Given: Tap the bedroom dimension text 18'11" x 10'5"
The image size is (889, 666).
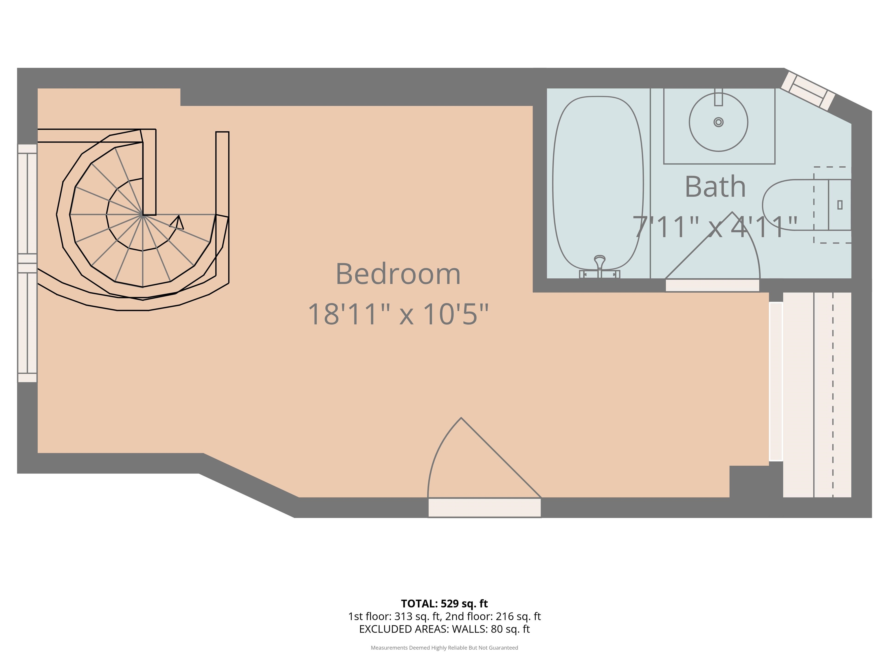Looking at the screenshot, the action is click(x=398, y=314).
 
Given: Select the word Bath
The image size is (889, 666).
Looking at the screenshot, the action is click(x=715, y=187).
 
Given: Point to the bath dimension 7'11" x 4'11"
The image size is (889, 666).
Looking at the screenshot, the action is click(x=715, y=227).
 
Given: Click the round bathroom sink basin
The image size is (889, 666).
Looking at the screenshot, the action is click(x=719, y=122).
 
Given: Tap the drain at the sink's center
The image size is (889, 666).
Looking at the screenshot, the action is click(x=719, y=122).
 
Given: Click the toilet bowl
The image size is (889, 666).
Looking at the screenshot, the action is click(x=794, y=205).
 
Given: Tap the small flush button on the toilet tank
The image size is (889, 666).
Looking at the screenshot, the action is click(x=840, y=205).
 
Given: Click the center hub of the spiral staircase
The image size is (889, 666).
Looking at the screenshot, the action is click(x=143, y=215).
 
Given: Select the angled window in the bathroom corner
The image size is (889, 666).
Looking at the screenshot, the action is click(x=808, y=91).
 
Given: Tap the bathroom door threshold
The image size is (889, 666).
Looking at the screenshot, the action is click(x=712, y=285).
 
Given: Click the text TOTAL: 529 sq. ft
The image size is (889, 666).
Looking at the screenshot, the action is click(x=444, y=603).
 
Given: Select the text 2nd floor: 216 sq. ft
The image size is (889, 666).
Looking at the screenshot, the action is click(x=493, y=616).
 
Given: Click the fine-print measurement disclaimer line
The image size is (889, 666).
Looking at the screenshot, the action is click(x=444, y=647).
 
